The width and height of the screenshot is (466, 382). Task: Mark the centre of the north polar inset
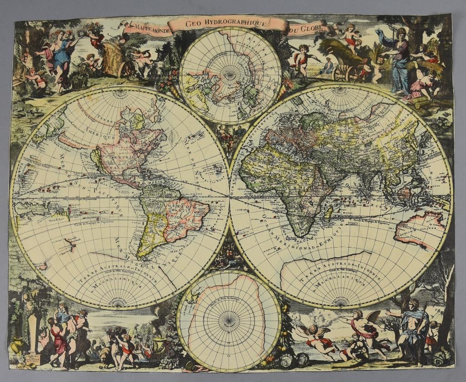tap(230, 75)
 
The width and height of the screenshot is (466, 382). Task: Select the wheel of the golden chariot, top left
tap(127, 69)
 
